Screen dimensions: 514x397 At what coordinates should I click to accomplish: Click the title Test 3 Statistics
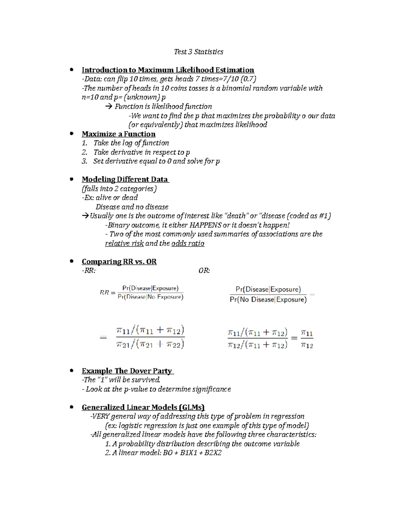coord(198,52)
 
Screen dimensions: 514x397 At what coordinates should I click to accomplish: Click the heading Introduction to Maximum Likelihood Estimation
coord(168,70)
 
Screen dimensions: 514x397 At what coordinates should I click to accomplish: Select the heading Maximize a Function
coord(118,134)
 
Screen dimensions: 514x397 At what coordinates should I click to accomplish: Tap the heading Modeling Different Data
coord(125,179)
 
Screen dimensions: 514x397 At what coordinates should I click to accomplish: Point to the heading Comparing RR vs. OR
coord(119,262)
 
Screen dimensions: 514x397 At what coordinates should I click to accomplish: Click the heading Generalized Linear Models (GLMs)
coord(143,407)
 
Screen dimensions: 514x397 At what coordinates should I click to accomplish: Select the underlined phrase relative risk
coord(124,244)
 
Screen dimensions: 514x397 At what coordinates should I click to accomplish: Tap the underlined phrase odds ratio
coord(188,244)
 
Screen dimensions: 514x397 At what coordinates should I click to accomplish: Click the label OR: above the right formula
coord(204,271)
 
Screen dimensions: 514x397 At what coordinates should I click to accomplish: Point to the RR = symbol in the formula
coord(108,293)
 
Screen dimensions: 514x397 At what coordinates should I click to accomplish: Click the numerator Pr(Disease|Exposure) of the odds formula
coord(268,289)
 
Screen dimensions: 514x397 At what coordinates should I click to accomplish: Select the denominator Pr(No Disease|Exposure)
coord(268,300)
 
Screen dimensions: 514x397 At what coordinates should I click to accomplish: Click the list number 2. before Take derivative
coord(84,152)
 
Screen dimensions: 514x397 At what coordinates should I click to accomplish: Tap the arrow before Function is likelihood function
coord(109,107)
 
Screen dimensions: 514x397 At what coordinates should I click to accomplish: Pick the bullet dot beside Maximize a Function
coord(71,134)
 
